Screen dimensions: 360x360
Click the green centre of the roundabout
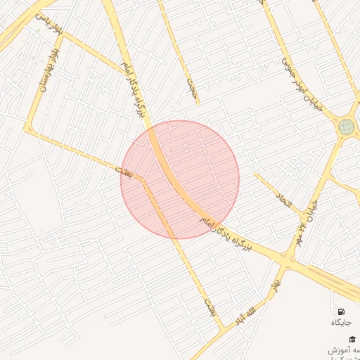tap(346, 127)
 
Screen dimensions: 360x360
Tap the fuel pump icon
tap(341, 311)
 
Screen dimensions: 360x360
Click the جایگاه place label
tap(341, 322)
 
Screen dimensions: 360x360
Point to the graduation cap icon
tap(352, 339)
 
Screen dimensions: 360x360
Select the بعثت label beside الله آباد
tap(209, 306)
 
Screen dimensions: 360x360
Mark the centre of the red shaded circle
tap(180, 179)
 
